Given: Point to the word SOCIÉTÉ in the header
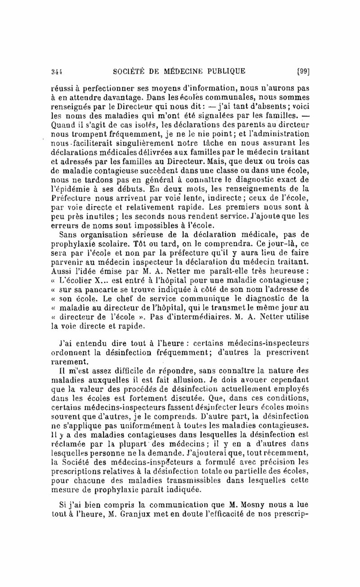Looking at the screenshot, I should point(127,71).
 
